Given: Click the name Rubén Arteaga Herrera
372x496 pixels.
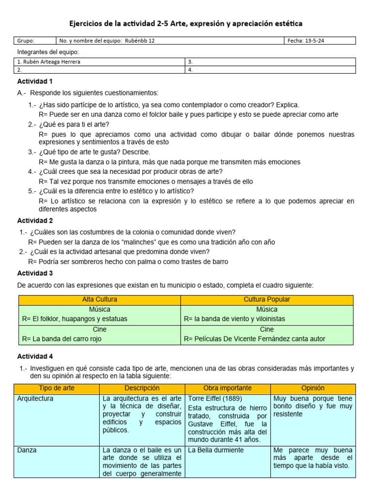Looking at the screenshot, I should coord(48,62).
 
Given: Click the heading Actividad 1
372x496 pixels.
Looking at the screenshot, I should coord(35,81).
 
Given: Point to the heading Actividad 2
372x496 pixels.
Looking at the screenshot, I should coord(35,220).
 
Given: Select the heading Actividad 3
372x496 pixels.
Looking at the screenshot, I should coord(35,273).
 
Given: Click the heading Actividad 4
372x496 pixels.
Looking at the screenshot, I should coord(35,356).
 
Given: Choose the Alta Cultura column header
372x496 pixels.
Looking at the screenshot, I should coord(99,300).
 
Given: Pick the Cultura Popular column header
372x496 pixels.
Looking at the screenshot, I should coord(267,300).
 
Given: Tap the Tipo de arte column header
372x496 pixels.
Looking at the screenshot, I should coord(57,388).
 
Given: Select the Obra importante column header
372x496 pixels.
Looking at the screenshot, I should coord(228,388).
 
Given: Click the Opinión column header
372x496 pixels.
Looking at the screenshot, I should coord(312,388).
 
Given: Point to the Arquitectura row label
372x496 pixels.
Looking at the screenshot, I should coord(35,399).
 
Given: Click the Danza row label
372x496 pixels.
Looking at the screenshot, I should coord(27,450).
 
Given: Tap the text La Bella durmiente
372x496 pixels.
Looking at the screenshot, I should coord(216,450).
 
